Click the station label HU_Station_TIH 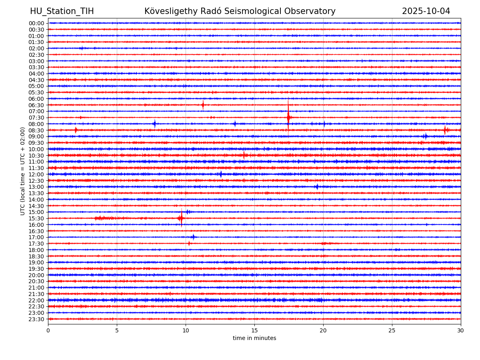62,12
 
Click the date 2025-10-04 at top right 426,12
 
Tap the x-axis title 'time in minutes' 254,338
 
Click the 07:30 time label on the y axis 36,118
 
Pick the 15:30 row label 36,218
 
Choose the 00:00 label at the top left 36,23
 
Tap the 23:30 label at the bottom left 36,319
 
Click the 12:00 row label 36,174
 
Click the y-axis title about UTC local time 23,171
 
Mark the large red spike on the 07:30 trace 288,117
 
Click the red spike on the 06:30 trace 203,105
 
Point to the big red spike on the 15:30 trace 181,218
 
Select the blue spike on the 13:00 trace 317,187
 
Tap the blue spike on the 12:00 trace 221,174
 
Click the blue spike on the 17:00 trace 193,237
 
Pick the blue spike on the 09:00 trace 425,136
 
